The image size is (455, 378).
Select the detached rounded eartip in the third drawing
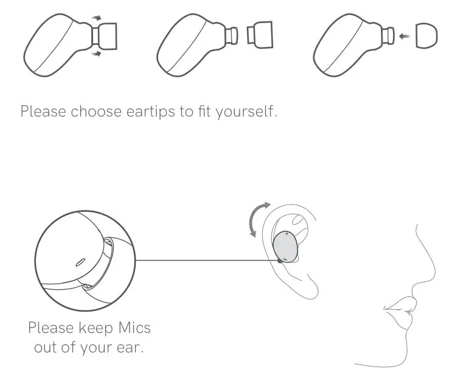[425, 36]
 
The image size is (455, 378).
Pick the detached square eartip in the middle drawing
[260, 36]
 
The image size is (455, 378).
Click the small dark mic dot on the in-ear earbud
[280, 260]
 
